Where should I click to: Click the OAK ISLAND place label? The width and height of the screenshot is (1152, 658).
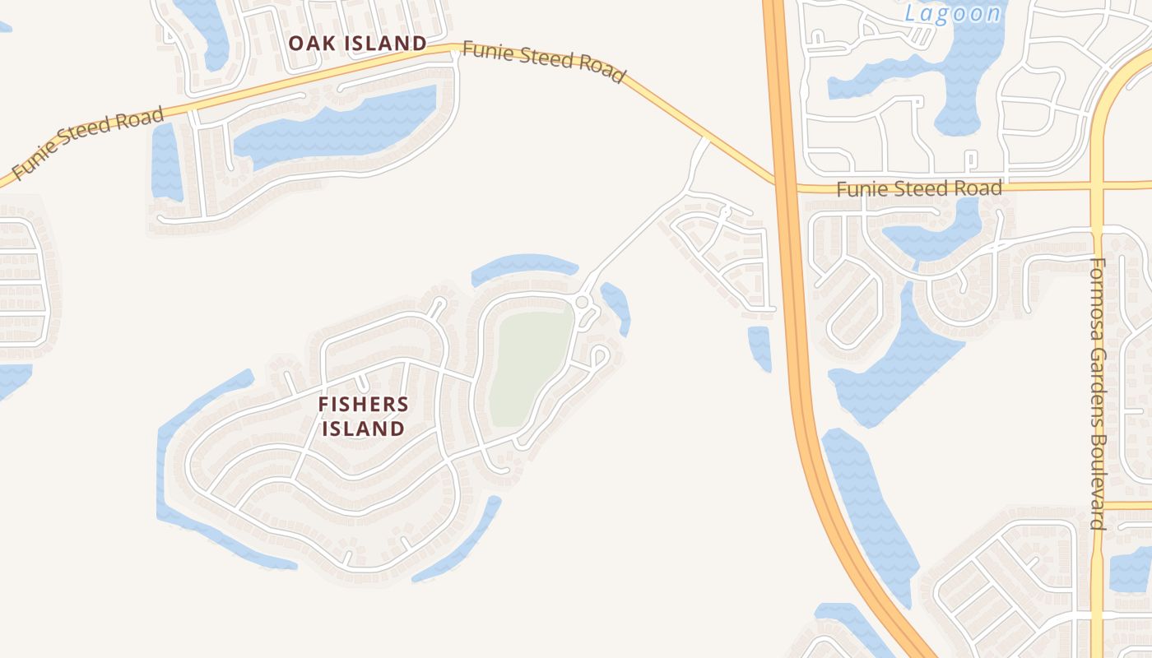tap(358, 43)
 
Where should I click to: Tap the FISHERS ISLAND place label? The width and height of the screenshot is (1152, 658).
tap(363, 416)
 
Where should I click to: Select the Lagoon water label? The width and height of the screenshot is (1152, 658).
tap(953, 13)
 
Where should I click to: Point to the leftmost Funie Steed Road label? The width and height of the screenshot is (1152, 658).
tap(89, 143)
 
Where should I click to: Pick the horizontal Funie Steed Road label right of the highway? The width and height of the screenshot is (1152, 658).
tap(919, 188)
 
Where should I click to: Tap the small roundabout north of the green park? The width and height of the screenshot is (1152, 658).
tap(583, 303)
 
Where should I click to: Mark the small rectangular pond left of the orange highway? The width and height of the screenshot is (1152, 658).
tap(759, 346)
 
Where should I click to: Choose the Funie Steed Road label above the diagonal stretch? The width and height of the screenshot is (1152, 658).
tap(543, 62)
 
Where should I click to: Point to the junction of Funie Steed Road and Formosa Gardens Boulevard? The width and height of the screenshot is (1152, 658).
tap(1097, 186)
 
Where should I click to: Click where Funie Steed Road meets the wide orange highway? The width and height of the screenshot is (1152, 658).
tap(783, 186)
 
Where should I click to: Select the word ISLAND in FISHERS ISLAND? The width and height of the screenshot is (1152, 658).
tap(363, 429)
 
